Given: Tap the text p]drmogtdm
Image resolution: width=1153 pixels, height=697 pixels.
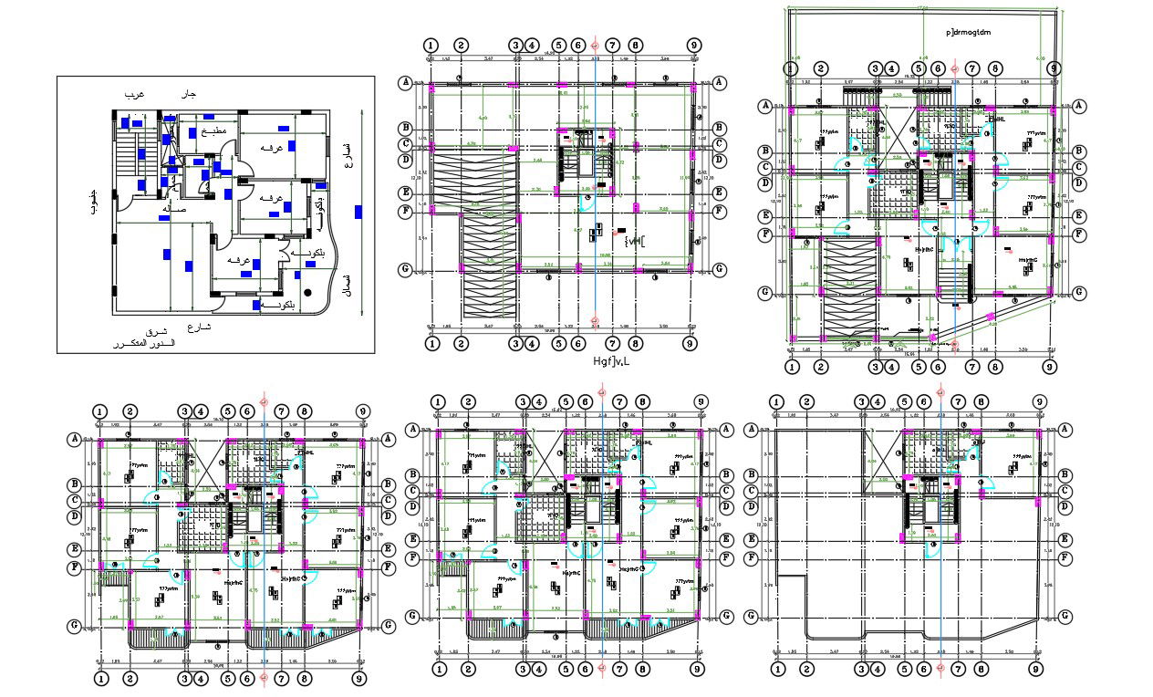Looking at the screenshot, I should point(970,32).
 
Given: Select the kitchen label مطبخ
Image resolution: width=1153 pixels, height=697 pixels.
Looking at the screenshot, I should point(213,130).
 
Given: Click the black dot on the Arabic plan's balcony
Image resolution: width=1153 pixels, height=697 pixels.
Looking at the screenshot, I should point(308,292).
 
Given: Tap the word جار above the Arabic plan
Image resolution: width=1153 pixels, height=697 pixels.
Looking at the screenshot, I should point(189,94).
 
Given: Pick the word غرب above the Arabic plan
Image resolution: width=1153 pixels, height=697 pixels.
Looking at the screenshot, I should point(135,94).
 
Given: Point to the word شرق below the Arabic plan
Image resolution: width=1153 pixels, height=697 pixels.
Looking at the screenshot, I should point(158,333).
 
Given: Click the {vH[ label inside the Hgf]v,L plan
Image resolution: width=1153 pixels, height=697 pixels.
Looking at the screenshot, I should point(634,242).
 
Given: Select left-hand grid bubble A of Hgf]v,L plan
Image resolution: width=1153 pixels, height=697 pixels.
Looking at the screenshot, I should point(405,82).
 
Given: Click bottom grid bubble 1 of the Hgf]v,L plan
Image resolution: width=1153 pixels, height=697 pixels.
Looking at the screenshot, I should point(432,342).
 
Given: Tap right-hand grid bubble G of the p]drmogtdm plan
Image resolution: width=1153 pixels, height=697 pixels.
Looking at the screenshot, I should point(1078,293).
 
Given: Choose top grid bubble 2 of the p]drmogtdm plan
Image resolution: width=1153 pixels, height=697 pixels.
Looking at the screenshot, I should point(821,68).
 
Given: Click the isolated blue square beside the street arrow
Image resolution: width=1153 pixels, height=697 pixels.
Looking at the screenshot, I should point(358,212).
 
